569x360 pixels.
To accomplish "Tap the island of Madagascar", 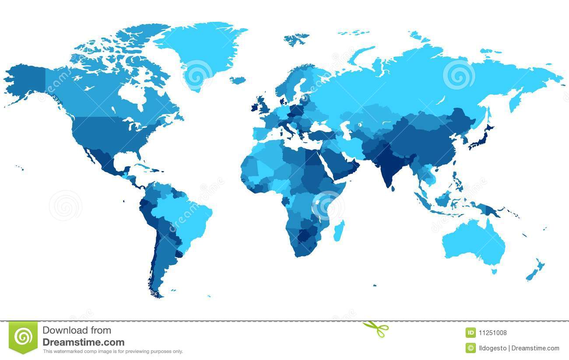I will [339, 231].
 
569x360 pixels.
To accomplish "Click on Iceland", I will [238, 80].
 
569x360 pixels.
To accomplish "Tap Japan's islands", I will [481, 136].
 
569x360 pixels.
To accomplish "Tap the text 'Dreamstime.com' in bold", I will [83, 343].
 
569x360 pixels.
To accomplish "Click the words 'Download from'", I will [77, 330].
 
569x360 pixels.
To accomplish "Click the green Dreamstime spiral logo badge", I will [23, 337].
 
